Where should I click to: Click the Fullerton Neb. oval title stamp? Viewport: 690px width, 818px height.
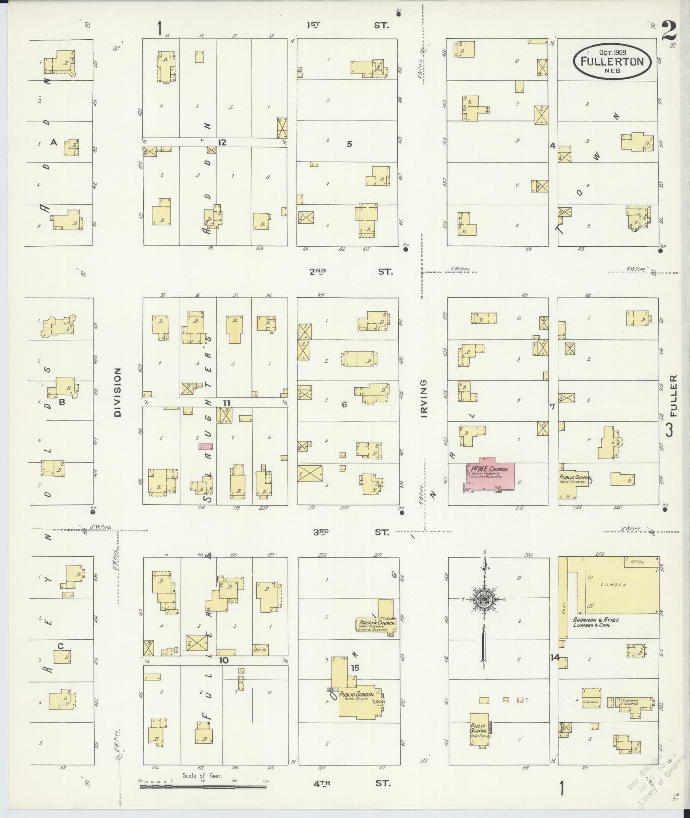(612, 62)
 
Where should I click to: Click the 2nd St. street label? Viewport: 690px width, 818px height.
(349, 272)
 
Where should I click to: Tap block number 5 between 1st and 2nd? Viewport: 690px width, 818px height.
(349, 144)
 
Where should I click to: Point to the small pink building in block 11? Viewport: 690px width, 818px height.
(205, 447)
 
